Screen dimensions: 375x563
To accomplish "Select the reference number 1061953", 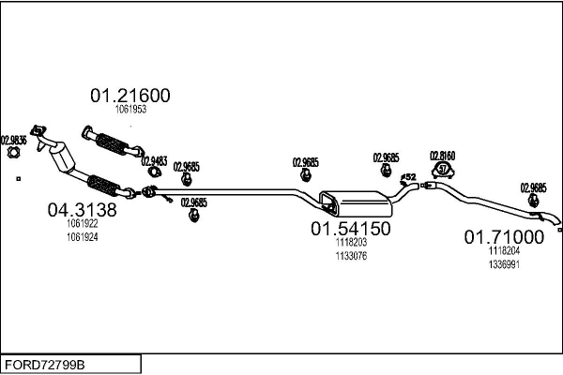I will coord(129,110).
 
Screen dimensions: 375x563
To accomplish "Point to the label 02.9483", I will coord(154,160).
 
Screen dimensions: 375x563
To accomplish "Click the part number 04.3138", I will coord(82,211).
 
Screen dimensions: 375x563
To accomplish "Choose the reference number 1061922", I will coord(83,225).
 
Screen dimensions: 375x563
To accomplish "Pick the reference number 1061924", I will coord(83,237).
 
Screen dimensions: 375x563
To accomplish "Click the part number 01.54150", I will coord(350,228).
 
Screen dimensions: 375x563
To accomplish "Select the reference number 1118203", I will coord(350,242).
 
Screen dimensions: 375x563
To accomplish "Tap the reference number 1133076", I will coord(350,254).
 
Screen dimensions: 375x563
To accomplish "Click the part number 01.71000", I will coord(504,237).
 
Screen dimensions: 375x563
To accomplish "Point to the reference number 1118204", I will coord(504,251).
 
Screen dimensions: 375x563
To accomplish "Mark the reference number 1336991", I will coord(504,264).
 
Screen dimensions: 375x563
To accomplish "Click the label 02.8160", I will coord(442,156).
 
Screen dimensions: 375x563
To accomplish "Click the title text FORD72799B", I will coord(43,363).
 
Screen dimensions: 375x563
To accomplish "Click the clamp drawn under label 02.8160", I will coord(442,170).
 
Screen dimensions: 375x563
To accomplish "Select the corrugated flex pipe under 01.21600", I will coord(113,143).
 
